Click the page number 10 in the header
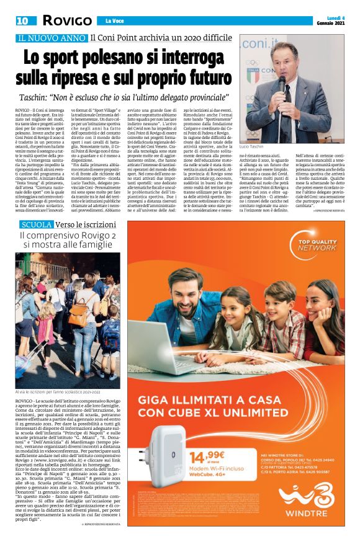pyautogui.click(x=22, y=20)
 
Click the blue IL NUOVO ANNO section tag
pyautogui.click(x=52, y=38)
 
